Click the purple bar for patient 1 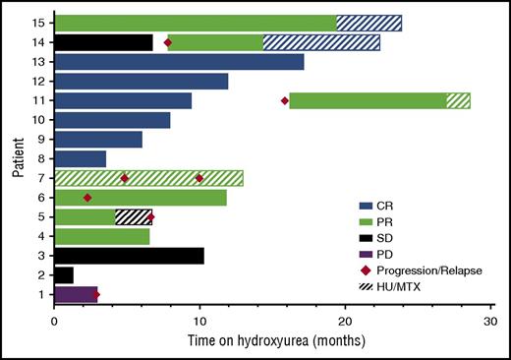(x=76, y=294)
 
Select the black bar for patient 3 (x=129, y=255)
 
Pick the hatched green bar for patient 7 (x=148, y=178)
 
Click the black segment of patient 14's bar (x=103, y=42)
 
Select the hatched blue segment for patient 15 (x=369, y=23)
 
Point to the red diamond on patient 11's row (x=285, y=100)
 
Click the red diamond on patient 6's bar (x=87, y=198)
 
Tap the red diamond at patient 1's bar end (x=96, y=294)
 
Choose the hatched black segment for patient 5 (x=134, y=216)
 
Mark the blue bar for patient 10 (x=112, y=120)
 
